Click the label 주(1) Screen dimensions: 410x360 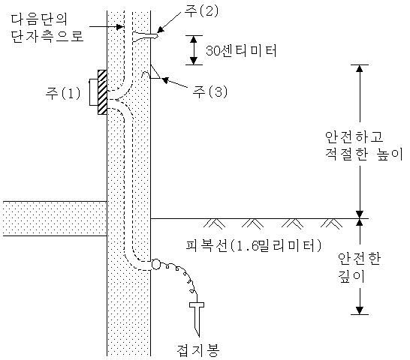(x=63, y=93)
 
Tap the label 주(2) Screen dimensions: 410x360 (x=201, y=11)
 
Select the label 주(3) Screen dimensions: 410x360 (x=210, y=91)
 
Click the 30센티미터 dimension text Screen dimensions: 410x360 (x=241, y=50)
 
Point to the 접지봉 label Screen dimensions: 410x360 (x=198, y=350)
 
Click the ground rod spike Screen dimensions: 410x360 (x=197, y=319)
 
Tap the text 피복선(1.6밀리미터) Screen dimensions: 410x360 (x=254, y=245)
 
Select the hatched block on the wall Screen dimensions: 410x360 (x=102, y=92)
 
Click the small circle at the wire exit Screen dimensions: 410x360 (x=155, y=264)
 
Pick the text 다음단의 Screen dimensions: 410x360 (x=40, y=19)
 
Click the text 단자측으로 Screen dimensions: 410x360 (x=47, y=35)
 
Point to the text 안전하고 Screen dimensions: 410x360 (x=354, y=136)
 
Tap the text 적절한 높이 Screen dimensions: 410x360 (x=364, y=154)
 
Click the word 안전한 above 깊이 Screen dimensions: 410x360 (x=359, y=259)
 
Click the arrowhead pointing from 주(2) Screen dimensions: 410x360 (x=160, y=29)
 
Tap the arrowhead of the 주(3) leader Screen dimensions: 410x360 (x=164, y=79)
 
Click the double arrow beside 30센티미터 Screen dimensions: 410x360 (x=194, y=50)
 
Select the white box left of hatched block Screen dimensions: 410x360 (x=94, y=92)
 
